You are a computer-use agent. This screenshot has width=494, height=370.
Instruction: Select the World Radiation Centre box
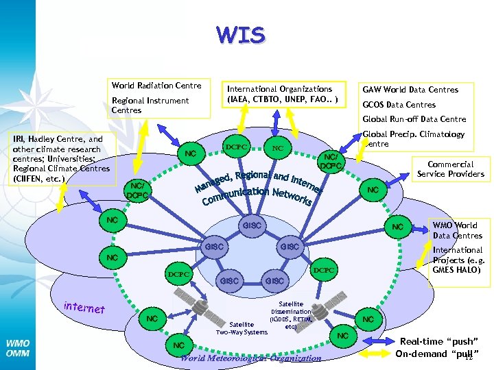(156, 86)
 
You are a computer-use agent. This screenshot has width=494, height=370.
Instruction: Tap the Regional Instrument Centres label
(150, 105)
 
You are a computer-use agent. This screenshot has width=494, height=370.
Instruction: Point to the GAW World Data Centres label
(410, 90)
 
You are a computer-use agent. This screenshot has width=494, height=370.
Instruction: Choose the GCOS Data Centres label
(399, 105)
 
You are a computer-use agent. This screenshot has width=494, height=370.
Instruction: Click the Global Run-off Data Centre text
(414, 119)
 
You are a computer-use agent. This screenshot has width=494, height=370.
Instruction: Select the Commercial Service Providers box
(451, 169)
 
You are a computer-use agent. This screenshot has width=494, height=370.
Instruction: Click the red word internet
(83, 309)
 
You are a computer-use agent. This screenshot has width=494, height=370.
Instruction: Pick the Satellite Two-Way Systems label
(242, 328)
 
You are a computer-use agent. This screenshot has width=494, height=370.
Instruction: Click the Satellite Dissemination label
(291, 314)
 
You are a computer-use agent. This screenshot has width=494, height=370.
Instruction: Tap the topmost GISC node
(253, 225)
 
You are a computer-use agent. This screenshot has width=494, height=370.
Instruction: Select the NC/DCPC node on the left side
(138, 190)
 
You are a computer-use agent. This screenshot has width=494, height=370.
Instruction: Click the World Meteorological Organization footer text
(250, 358)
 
